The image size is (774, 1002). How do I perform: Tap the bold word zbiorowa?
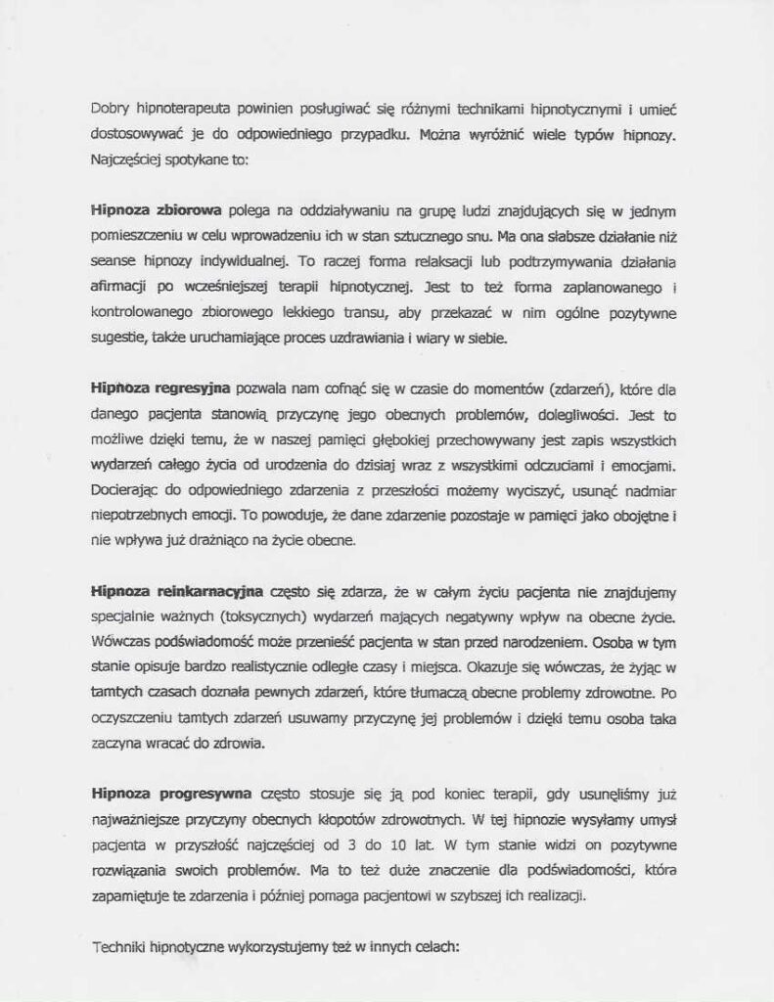(x=190, y=210)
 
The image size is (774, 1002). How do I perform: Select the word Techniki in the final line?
(x=116, y=946)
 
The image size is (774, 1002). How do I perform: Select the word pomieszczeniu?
(x=135, y=236)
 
